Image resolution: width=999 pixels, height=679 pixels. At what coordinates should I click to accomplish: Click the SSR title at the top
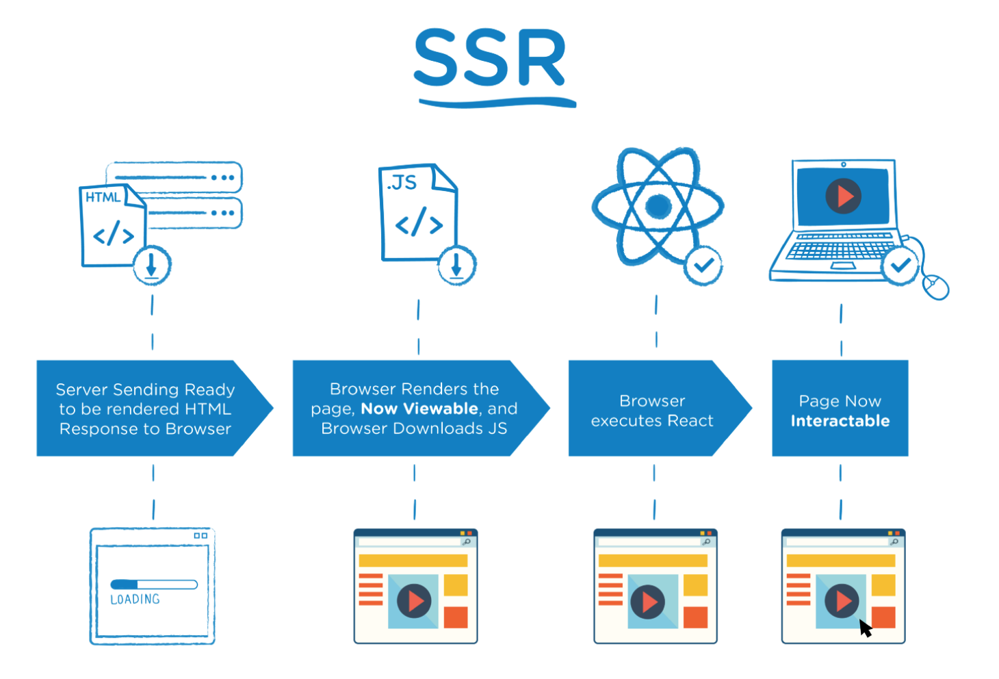click(490, 59)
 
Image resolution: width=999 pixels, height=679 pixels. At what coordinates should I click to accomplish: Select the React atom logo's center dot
click(658, 205)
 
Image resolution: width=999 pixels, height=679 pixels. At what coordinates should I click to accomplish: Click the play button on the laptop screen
click(843, 196)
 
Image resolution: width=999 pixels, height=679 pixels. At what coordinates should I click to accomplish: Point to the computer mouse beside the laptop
click(935, 286)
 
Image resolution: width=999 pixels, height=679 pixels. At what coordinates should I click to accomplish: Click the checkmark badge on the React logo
click(703, 265)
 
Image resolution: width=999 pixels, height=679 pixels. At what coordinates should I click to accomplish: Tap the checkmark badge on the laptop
click(900, 265)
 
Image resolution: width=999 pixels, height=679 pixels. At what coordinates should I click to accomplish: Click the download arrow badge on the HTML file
click(152, 265)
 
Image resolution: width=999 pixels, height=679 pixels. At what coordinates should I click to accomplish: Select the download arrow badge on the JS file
click(456, 265)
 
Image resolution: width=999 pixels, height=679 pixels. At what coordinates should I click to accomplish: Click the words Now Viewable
click(419, 409)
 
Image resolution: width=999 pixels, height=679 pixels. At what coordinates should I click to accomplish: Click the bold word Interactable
click(840, 421)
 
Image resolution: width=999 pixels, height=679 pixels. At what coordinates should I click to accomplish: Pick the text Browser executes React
click(652, 411)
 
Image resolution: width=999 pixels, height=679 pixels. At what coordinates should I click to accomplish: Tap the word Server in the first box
click(81, 389)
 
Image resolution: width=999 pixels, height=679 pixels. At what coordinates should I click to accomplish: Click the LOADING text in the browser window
click(135, 600)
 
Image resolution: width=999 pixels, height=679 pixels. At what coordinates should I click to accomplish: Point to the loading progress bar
click(154, 585)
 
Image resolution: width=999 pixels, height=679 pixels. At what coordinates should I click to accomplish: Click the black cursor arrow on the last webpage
click(866, 628)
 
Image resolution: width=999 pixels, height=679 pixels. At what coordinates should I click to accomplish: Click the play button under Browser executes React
click(647, 602)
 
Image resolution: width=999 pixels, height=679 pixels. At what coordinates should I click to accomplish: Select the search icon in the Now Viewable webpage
click(467, 541)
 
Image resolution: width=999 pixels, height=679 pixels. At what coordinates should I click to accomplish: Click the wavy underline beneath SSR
click(497, 103)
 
